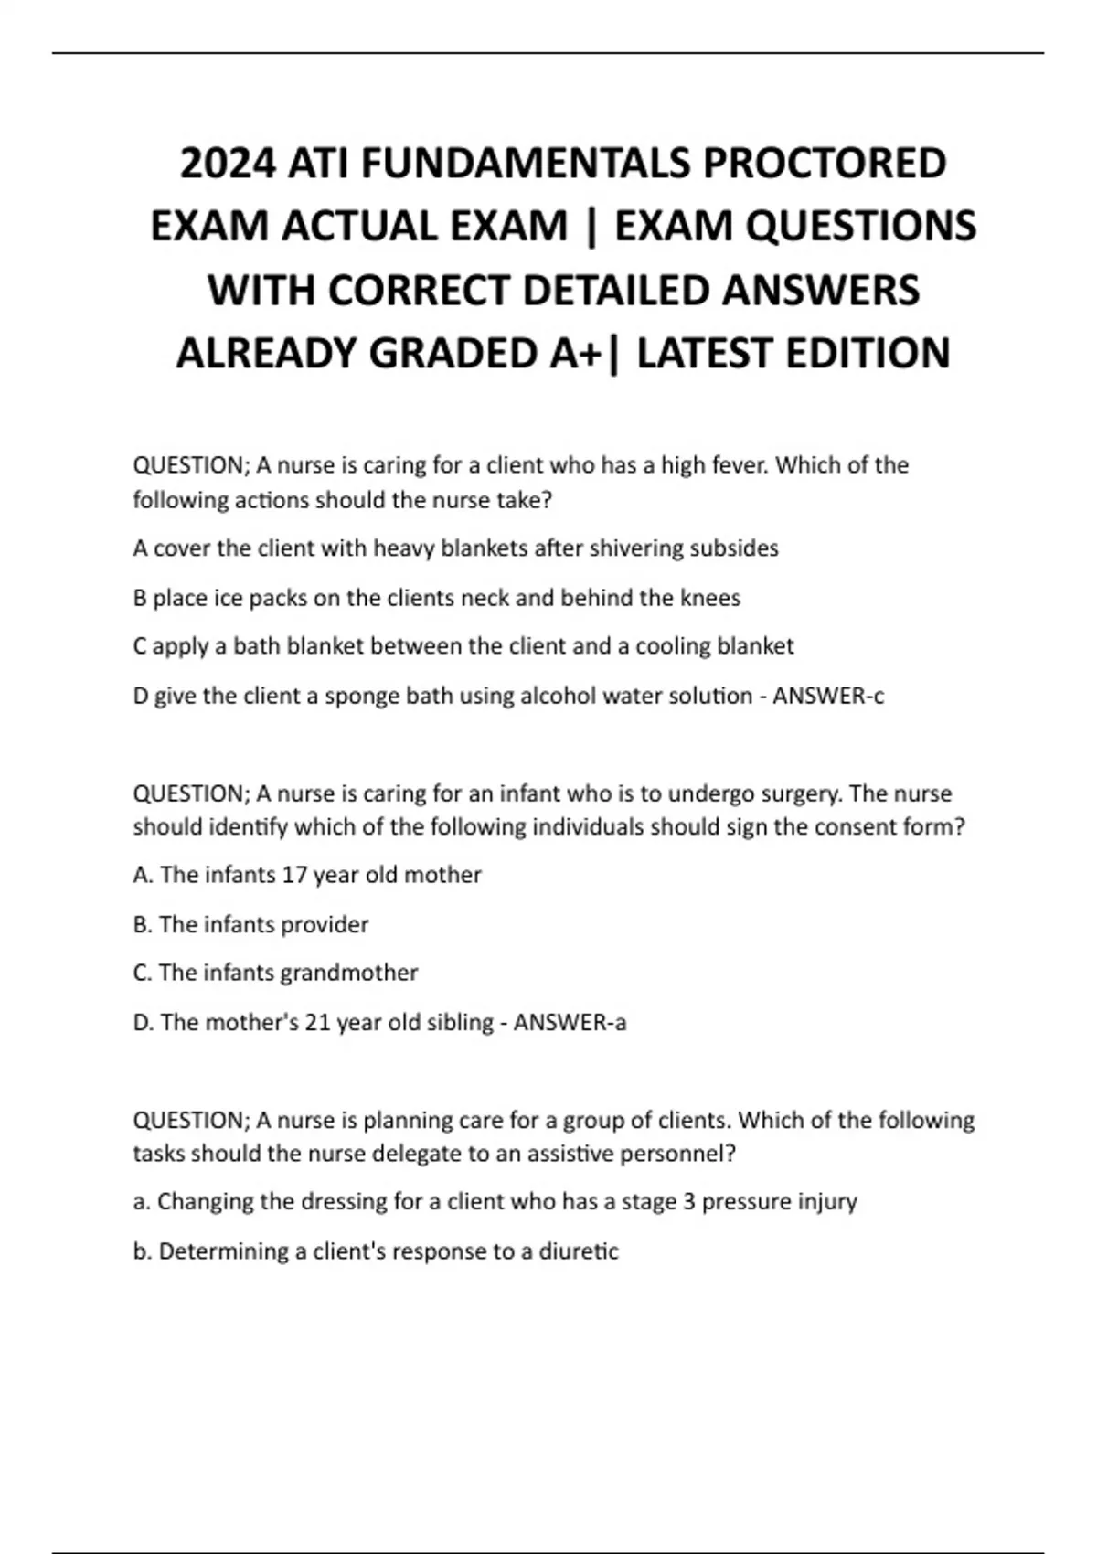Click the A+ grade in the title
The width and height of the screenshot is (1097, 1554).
572,353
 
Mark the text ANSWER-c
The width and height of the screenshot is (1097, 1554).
828,697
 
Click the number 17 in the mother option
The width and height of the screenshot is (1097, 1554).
294,875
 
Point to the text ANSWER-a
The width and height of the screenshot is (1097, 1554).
570,1022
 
